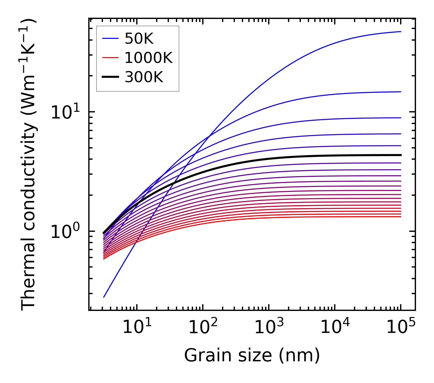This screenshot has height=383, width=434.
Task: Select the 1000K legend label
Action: [148, 58]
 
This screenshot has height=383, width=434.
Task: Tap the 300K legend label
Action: [144, 77]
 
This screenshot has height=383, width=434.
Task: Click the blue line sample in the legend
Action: [110, 38]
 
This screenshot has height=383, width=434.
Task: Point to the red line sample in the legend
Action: [110, 58]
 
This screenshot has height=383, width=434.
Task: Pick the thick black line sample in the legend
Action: [110, 77]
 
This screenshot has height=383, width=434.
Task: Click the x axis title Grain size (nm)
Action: [252, 356]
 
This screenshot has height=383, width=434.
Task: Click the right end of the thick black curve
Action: [400, 155]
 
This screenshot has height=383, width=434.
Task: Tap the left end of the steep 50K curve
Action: [104, 297]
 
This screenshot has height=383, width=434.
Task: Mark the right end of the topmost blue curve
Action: [400, 31]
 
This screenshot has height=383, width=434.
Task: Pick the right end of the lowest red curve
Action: [400, 217]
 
